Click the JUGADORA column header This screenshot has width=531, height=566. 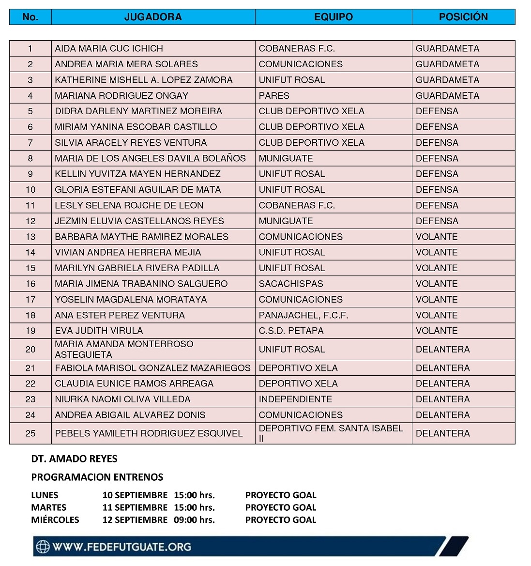click(153, 17)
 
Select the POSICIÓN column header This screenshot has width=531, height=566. click(463, 17)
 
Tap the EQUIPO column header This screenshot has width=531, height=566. click(334, 17)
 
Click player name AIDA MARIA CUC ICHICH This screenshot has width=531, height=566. click(109, 48)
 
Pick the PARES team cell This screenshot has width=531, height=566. click(274, 95)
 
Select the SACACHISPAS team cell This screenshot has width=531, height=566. click(290, 284)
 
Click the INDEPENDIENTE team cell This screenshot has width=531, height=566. click(295, 399)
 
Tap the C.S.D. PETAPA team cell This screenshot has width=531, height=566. click(291, 331)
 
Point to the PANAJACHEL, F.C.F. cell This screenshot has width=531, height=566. click(303, 315)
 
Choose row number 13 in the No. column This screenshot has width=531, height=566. click(30, 237)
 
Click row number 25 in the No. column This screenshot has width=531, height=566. click(30, 433)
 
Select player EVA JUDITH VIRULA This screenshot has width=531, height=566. click(99, 331)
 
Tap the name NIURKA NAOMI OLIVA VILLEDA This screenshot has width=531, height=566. click(122, 399)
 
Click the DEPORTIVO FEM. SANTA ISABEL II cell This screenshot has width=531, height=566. click(331, 433)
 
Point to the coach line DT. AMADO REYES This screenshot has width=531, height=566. click(74, 459)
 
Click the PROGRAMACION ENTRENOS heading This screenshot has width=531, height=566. click(97, 477)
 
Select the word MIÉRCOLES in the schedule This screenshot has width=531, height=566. click(55, 520)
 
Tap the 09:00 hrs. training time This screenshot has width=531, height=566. click(194, 520)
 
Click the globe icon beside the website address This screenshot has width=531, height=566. click(43, 547)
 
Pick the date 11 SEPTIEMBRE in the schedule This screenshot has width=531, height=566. click(135, 507)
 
